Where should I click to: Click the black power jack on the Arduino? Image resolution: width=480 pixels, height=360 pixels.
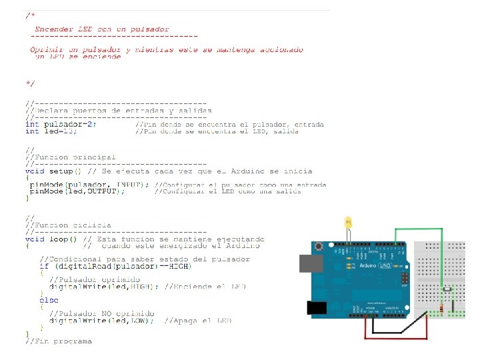[x=313, y=308]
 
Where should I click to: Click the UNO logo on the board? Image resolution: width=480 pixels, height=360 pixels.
[x=385, y=265]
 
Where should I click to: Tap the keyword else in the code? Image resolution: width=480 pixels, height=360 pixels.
[x=49, y=300]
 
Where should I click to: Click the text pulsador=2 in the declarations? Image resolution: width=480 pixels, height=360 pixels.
[x=69, y=124]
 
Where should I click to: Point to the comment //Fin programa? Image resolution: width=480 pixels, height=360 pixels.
[x=59, y=341]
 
